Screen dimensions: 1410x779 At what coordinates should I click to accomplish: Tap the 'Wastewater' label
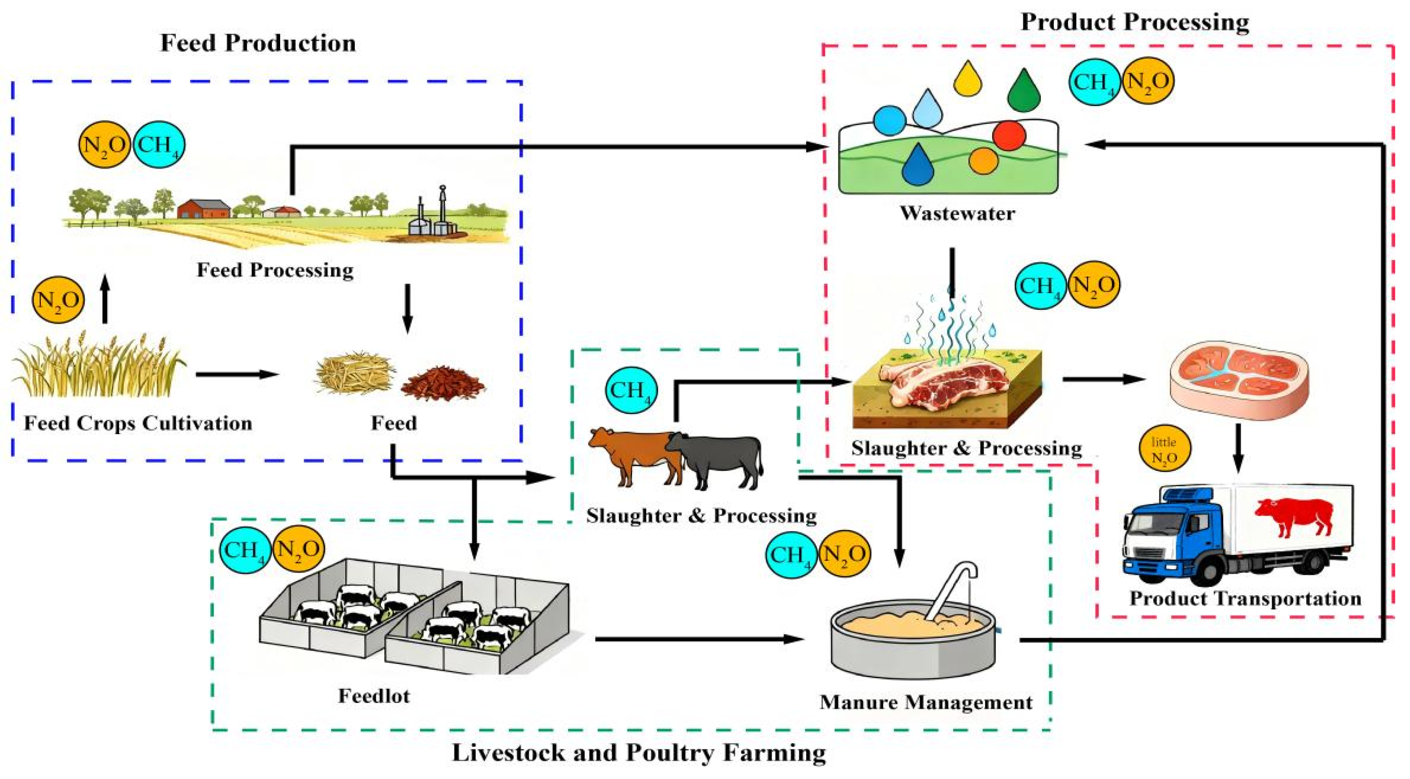(x=957, y=213)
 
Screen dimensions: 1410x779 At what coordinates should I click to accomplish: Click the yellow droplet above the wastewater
(x=968, y=78)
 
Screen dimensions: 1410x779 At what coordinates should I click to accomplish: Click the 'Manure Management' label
(x=926, y=703)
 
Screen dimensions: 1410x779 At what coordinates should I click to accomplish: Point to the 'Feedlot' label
(x=374, y=696)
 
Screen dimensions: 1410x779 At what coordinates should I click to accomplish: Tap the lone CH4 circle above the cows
(x=631, y=390)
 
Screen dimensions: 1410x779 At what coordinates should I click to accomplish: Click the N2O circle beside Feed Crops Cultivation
(x=58, y=300)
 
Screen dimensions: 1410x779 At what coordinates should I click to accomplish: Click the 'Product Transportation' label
(x=1245, y=598)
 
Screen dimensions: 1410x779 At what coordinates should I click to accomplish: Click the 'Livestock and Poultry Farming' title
(x=639, y=753)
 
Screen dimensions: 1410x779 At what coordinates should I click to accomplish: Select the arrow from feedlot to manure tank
(x=699, y=639)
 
